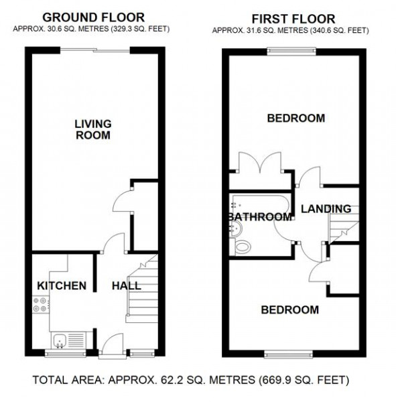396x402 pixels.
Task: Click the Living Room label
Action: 93,129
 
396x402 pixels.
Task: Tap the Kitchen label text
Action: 62,285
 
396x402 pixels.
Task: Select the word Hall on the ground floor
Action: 127,285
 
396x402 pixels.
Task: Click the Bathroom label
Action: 260,217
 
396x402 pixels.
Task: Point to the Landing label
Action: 326,208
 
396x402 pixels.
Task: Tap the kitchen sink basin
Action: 60,340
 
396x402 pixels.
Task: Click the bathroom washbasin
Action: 237,229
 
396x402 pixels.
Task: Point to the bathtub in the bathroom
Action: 261,204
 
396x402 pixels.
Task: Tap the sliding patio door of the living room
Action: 95,51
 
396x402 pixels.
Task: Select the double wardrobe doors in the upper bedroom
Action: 260,162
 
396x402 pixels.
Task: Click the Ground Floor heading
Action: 93,17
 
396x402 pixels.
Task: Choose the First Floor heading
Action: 293,19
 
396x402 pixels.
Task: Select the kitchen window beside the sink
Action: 66,354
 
